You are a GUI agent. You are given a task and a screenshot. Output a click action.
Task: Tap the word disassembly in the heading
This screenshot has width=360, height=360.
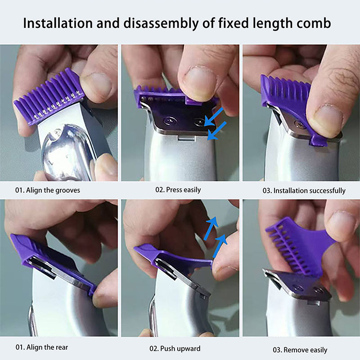pyautogui.click(x=161, y=24)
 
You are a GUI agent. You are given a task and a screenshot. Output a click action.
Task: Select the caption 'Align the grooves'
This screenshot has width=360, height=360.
pyautogui.click(x=53, y=190)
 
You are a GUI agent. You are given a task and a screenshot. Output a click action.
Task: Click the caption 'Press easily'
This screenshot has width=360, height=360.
pyautogui.click(x=184, y=190)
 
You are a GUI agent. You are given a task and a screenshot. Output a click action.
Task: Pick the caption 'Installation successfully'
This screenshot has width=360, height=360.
pyautogui.click(x=310, y=191)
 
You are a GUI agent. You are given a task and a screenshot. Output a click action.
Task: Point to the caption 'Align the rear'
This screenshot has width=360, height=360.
pyautogui.click(x=47, y=347)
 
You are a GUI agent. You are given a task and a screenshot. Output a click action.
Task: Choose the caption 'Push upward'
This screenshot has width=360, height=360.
pyautogui.click(x=180, y=349)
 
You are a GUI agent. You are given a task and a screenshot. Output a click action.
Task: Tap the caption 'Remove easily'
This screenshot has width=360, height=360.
pyautogui.click(x=306, y=350)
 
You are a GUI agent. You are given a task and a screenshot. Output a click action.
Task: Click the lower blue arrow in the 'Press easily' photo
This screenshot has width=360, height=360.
pyautogui.click(x=217, y=130)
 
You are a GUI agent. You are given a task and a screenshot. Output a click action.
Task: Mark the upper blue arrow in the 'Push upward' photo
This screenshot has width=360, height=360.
pyautogui.click(x=211, y=228)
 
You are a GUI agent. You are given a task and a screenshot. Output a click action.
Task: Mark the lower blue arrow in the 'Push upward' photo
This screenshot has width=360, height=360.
pyautogui.click(x=220, y=246)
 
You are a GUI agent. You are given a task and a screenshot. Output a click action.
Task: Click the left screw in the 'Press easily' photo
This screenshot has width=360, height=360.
pyautogui.click(x=170, y=120)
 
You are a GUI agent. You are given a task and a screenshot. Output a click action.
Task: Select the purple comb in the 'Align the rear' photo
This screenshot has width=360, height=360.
pyautogui.click(x=53, y=262)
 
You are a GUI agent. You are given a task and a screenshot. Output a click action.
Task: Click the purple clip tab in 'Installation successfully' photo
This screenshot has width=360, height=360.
pyautogui.click(x=318, y=140)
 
